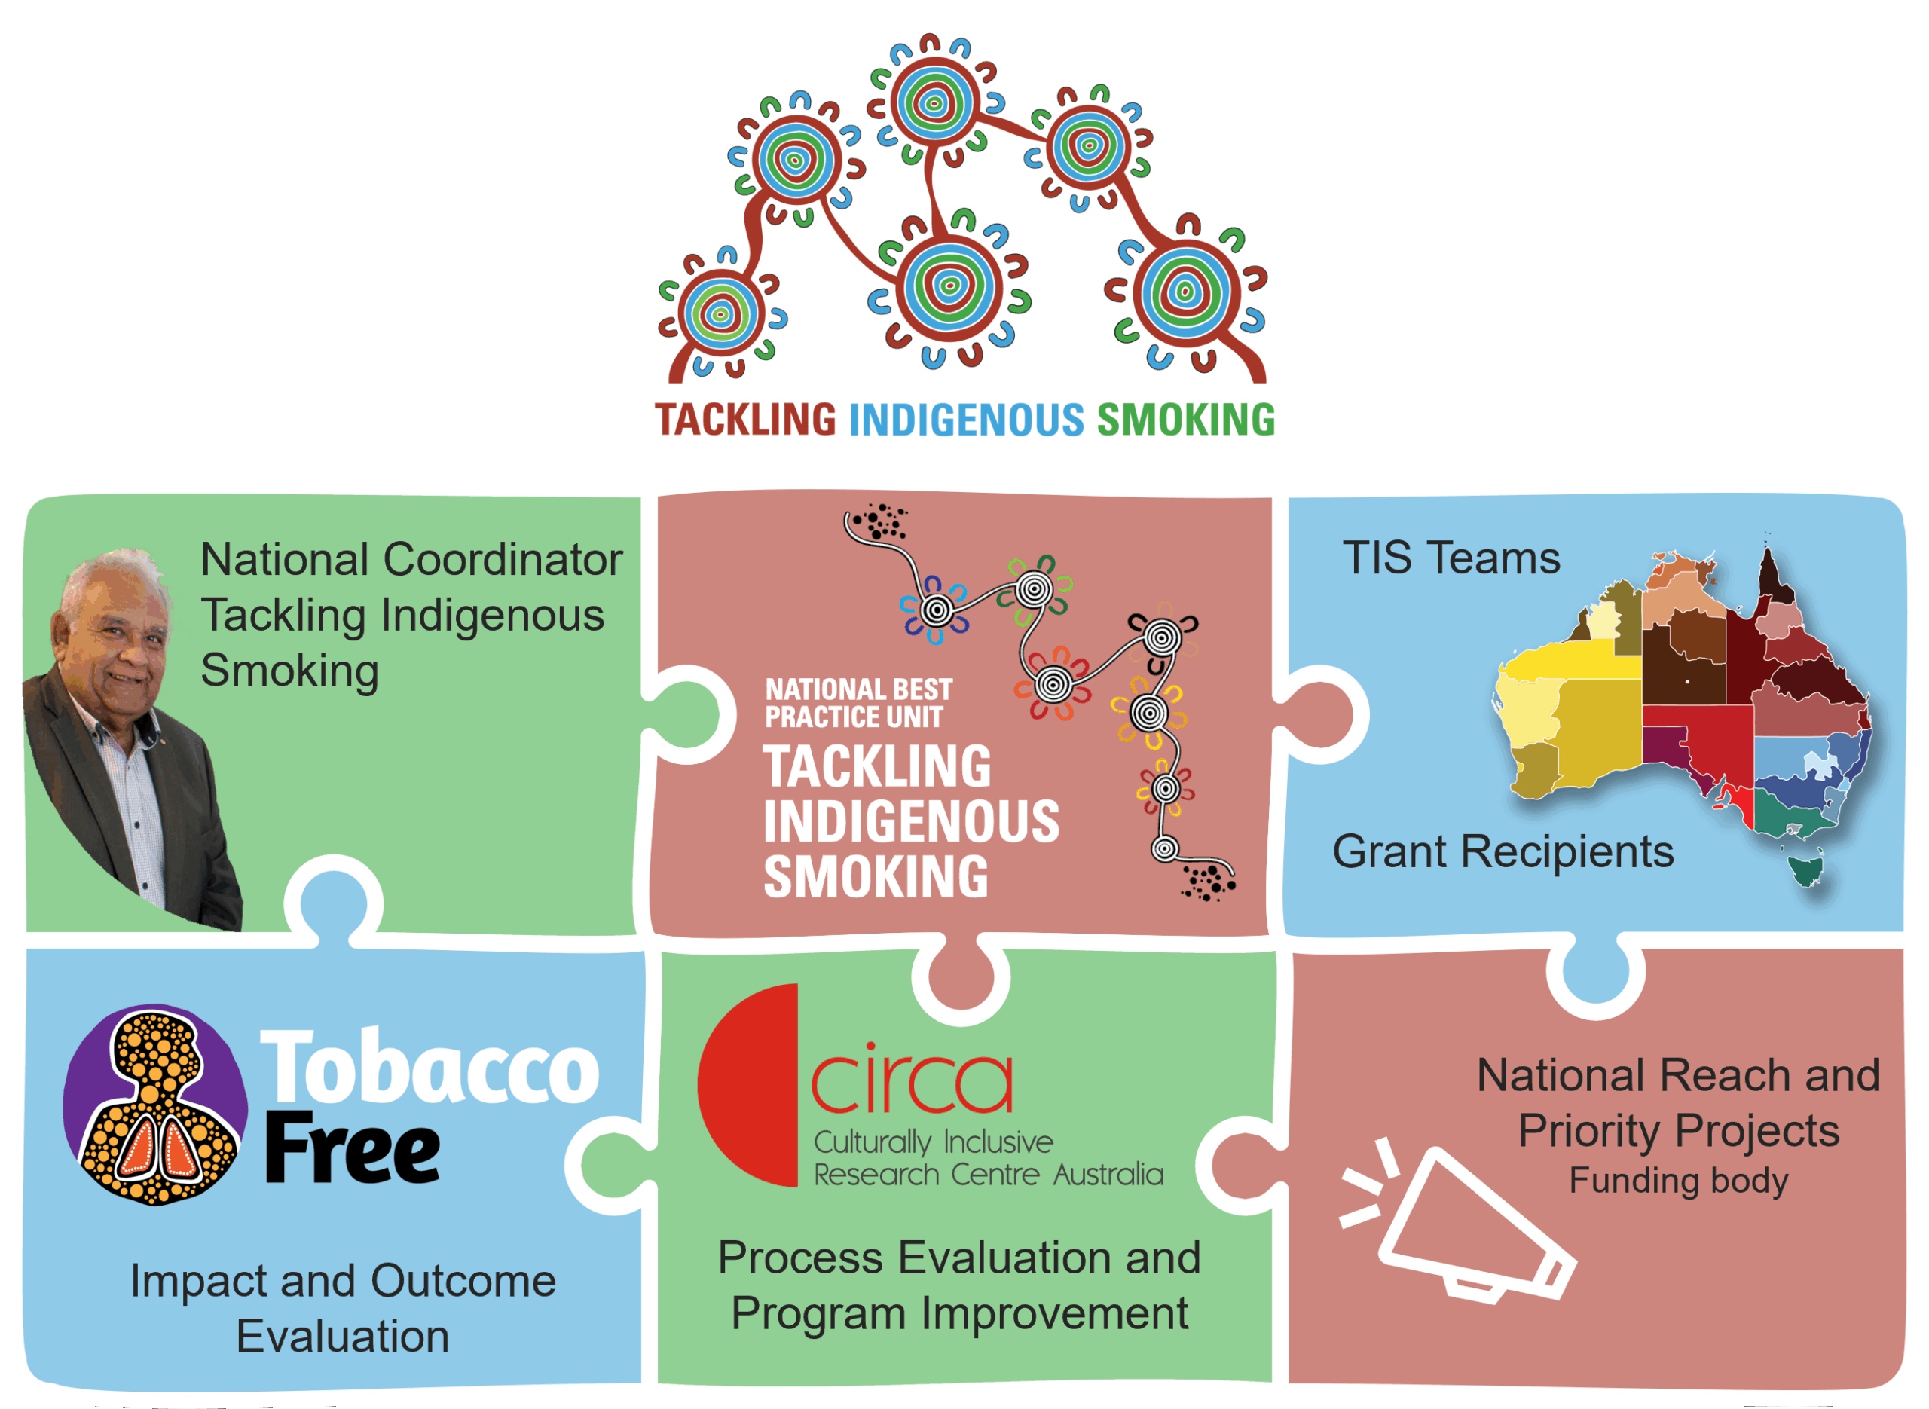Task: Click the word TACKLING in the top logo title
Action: pyautogui.click(x=744, y=420)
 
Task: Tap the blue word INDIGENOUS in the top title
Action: pyautogui.click(x=966, y=420)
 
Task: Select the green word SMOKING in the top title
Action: pyautogui.click(x=1185, y=420)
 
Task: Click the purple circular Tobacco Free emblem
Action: pyautogui.click(x=155, y=1105)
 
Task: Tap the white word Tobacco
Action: pyautogui.click(x=429, y=1068)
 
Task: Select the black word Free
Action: pyautogui.click(x=352, y=1149)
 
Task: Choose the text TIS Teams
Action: pyautogui.click(x=1451, y=558)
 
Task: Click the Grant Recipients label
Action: pyautogui.click(x=1503, y=851)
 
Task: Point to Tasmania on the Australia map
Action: pyautogui.click(x=1806, y=870)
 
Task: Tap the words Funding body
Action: pyautogui.click(x=1678, y=1181)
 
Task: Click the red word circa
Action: pyautogui.click(x=911, y=1081)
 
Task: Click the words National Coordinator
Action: pyautogui.click(x=411, y=561)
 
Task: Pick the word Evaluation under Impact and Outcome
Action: pyautogui.click(x=343, y=1337)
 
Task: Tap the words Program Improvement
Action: pyautogui.click(x=959, y=1313)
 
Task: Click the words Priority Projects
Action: pyautogui.click(x=1678, y=1131)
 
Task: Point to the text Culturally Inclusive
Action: pyautogui.click(x=933, y=1142)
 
